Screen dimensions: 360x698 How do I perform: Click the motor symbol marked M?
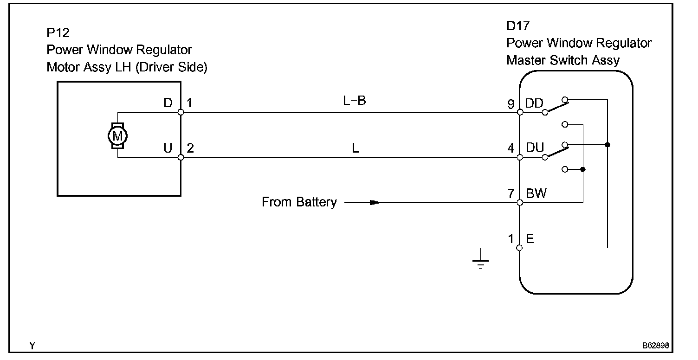(117, 136)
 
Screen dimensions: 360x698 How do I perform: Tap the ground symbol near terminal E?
(480, 264)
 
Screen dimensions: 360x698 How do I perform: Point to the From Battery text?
(299, 202)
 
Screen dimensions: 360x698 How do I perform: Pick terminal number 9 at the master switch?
(511, 104)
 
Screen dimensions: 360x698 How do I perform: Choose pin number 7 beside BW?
(511, 194)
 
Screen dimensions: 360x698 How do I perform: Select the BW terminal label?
(536, 193)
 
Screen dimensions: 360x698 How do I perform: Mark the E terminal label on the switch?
(530, 239)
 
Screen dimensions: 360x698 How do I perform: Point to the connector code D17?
(518, 26)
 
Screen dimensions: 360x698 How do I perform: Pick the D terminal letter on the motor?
(168, 103)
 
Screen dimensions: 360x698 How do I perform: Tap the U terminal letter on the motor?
(168, 148)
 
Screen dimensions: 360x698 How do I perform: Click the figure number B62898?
(655, 346)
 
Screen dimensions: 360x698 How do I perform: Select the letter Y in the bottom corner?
(32, 346)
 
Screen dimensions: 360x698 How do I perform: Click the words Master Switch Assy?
(563, 60)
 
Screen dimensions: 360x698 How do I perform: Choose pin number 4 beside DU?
(511, 149)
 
